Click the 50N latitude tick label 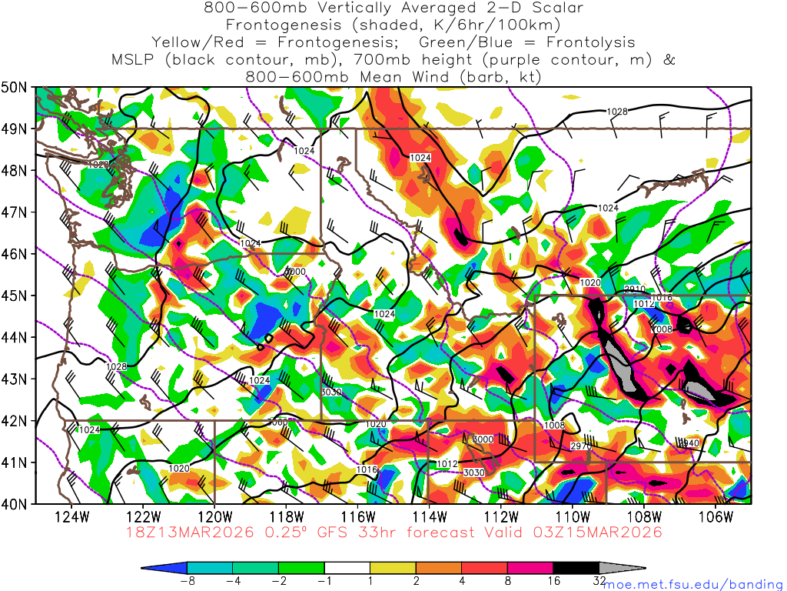click(16, 87)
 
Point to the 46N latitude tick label click(16, 254)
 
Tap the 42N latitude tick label click(16, 421)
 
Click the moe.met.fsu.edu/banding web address click(693, 585)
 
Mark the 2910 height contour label click(634, 289)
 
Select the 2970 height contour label click(581, 446)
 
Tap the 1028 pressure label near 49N click(617, 112)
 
